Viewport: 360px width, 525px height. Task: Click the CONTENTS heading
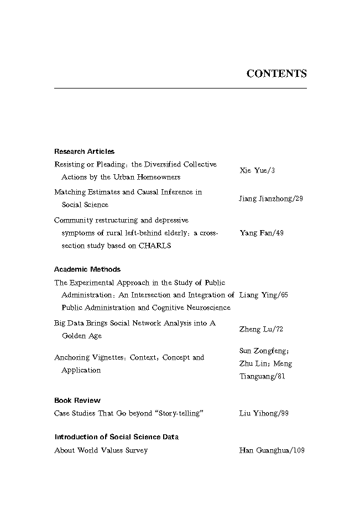coord(276,74)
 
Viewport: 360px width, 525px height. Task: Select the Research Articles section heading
coord(84,151)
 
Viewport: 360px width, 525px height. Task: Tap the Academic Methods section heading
coord(87,269)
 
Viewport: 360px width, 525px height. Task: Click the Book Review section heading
coord(77,400)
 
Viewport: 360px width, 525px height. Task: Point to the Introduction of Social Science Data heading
coord(116,436)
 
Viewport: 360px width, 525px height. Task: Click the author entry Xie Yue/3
coord(257,170)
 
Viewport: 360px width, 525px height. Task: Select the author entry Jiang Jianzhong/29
coord(271,198)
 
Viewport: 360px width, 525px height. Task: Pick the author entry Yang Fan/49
coord(262,233)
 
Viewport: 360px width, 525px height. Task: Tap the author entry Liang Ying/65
coord(263,295)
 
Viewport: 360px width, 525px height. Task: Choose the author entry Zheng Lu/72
coord(261,329)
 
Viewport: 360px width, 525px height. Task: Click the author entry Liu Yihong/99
coord(264,413)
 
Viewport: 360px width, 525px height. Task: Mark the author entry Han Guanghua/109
coord(272,450)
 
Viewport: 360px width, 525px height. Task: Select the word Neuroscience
coord(208,308)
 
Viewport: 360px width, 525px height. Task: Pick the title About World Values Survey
coord(101,450)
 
